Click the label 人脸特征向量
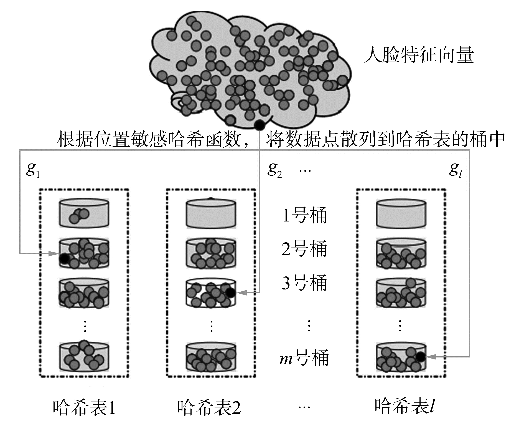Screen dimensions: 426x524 [x=418, y=56]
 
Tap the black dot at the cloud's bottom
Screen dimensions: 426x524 [x=259, y=125]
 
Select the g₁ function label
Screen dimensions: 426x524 [x=33, y=170]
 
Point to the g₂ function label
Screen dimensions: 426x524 [x=274, y=170]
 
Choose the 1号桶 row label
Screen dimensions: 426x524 [x=304, y=215]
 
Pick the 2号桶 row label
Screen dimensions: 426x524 [x=304, y=249]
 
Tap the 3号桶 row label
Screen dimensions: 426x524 [x=304, y=283]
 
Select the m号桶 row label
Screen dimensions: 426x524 [x=304, y=358]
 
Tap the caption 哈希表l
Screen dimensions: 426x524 [x=405, y=406]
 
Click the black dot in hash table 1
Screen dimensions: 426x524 [x=64, y=259]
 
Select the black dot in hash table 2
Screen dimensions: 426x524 [x=230, y=292]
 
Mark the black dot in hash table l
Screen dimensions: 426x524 [x=420, y=357]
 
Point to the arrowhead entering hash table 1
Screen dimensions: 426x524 [x=54, y=253]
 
